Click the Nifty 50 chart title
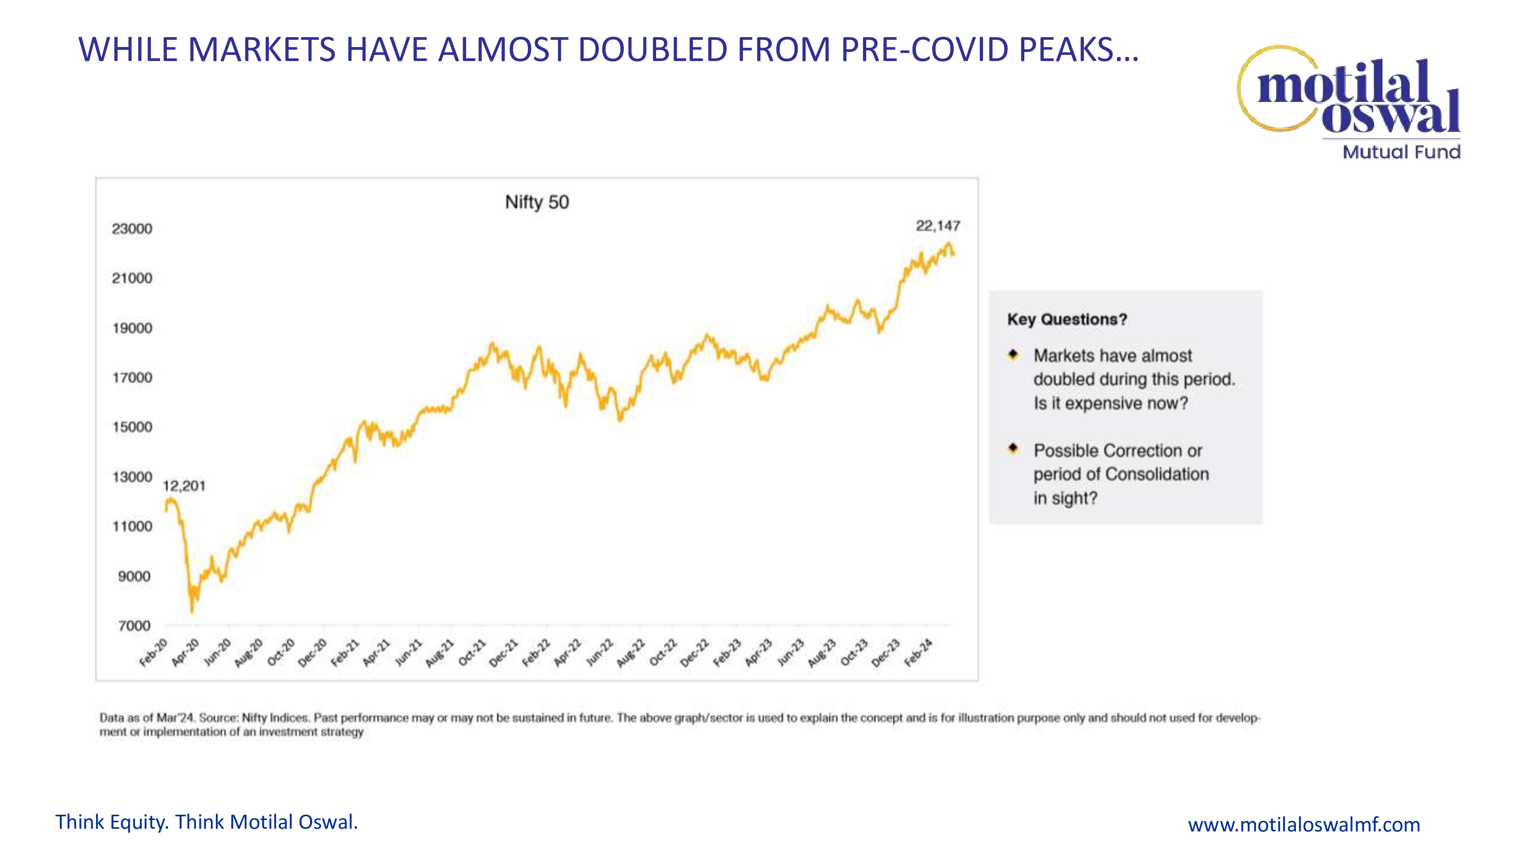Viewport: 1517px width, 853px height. coord(537,202)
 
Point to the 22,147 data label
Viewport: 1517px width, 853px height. coord(938,226)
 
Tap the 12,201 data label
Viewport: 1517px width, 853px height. coord(184,486)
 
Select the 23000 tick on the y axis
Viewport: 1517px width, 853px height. coord(132,229)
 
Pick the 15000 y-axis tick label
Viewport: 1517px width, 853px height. coord(132,427)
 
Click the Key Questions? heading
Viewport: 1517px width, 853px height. coord(1066,320)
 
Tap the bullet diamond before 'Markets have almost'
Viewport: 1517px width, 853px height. coord(1013,354)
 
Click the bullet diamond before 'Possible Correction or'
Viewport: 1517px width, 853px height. coord(1013,448)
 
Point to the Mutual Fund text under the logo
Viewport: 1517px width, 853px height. coord(1401,152)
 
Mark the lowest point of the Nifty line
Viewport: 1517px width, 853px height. coord(192,612)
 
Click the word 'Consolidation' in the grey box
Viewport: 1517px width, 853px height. coord(1157,475)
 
